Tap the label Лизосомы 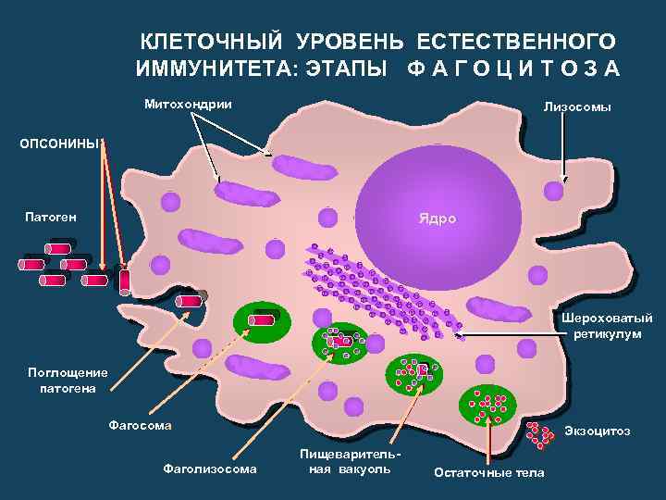[x=577, y=108]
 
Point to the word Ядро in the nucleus [x=431, y=220]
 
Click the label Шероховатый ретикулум [x=607, y=326]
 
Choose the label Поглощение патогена [x=68, y=381]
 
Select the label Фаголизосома [x=210, y=469]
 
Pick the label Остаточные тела [x=489, y=473]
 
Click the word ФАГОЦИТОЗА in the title [x=513, y=70]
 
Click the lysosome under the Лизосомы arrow [x=553, y=191]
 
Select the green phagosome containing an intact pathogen [x=263, y=319]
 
